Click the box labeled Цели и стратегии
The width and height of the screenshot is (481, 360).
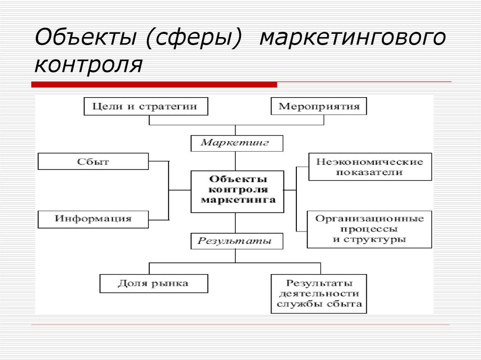[x=146, y=106]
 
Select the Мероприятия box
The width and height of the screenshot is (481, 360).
[x=319, y=106]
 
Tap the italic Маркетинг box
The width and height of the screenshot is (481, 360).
[x=237, y=143]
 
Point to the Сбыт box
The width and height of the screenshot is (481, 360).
[x=93, y=161]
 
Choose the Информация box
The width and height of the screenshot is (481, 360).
[x=93, y=219]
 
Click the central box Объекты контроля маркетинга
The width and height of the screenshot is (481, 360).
[x=237, y=191]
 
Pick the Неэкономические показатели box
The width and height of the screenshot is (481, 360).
[x=370, y=167]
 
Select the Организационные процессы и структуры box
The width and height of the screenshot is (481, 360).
[x=369, y=229]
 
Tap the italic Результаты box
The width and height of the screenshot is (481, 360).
[x=237, y=241]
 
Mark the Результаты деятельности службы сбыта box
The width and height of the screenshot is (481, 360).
[x=319, y=294]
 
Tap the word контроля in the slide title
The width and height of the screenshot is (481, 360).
[x=88, y=64]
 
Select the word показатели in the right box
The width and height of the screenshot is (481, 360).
[x=370, y=172]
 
